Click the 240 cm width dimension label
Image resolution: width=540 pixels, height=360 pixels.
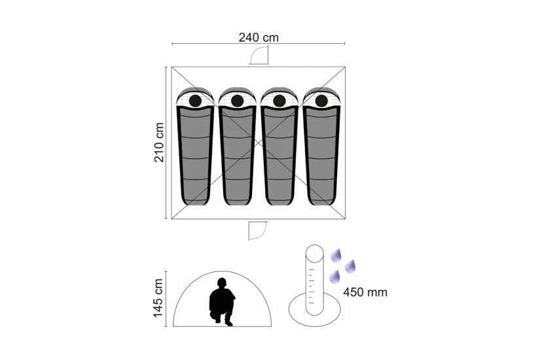259,37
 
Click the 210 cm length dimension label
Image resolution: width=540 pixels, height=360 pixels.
159,143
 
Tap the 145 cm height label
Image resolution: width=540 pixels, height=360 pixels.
158,298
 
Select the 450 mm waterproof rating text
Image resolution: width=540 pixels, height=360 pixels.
365,292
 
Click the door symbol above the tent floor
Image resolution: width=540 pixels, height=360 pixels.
259,56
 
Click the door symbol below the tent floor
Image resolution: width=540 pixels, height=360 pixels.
258,230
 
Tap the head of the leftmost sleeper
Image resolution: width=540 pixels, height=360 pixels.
195,101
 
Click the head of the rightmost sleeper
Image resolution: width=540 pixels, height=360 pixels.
321,101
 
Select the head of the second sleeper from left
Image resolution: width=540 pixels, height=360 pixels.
238,101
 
